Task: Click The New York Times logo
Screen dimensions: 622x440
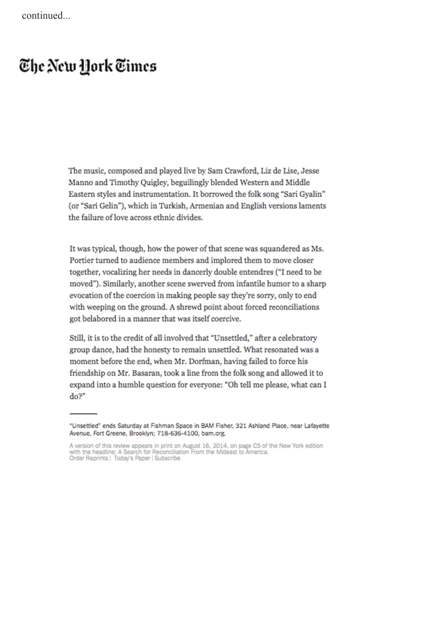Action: pyautogui.click(x=88, y=66)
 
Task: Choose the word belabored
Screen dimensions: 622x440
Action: pyautogui.click(x=99, y=319)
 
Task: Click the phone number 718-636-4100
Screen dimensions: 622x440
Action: pyautogui.click(x=177, y=433)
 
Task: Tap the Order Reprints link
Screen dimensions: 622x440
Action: pyautogui.click(x=88, y=458)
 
